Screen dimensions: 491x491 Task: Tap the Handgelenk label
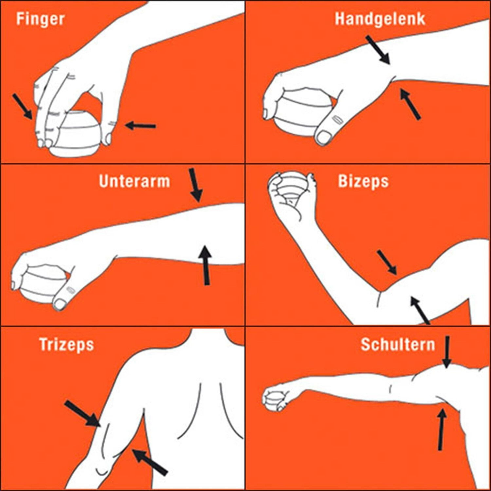(x=380, y=19)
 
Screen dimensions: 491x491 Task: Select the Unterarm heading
(x=135, y=181)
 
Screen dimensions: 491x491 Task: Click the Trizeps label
(x=66, y=345)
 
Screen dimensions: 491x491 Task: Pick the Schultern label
(x=398, y=344)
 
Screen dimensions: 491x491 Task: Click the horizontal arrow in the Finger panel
(x=141, y=125)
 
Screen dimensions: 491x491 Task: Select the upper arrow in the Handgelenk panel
(x=378, y=50)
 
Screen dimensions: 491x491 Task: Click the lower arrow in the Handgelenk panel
(x=410, y=104)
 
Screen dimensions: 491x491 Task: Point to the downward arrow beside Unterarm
(x=195, y=185)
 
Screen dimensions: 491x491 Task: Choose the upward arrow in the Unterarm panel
(x=206, y=265)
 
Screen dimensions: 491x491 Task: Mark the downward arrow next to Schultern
(x=447, y=352)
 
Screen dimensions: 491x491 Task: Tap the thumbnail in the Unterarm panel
(x=60, y=304)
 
